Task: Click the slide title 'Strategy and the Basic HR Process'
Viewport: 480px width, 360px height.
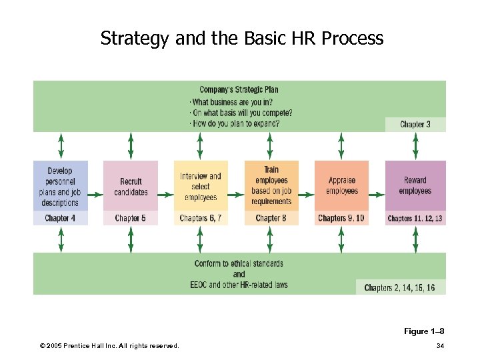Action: [242, 38]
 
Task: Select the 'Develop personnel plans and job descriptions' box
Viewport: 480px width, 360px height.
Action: [60, 186]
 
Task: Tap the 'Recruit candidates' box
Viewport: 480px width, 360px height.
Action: [131, 186]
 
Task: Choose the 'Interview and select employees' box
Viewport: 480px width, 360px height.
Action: [201, 186]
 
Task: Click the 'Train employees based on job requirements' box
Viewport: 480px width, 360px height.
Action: [271, 186]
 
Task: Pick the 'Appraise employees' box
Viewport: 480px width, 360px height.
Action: [341, 186]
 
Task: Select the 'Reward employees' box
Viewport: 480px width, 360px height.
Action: [415, 186]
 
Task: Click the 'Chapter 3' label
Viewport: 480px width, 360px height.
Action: [415, 124]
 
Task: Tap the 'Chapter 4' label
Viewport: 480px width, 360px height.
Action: [60, 218]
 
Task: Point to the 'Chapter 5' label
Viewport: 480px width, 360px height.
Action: [131, 218]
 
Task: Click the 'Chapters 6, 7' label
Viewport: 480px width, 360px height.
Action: [201, 218]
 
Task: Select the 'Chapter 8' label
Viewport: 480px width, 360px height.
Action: [271, 218]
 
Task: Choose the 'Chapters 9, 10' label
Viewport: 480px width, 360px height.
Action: [341, 218]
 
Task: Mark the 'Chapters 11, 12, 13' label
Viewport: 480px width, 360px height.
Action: [415, 218]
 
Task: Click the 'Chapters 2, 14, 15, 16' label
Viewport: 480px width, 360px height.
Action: [400, 287]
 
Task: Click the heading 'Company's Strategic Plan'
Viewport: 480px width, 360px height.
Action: [239, 90]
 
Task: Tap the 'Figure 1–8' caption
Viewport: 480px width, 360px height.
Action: [424, 331]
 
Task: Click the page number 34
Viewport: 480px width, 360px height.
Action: [440, 345]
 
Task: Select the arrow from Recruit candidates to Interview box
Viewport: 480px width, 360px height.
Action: [166, 195]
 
